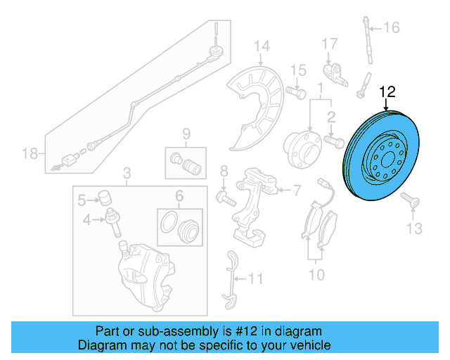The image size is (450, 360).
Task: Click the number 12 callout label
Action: (x=387, y=91)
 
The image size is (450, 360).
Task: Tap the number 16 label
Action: (x=391, y=28)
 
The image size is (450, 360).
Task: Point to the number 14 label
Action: (x=262, y=47)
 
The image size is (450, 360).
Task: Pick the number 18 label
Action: (x=29, y=153)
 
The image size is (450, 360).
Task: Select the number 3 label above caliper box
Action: (x=127, y=173)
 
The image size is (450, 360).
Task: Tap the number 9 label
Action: (x=186, y=134)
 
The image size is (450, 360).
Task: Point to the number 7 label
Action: (x=296, y=189)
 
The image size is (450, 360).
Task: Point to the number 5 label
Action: (x=82, y=199)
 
